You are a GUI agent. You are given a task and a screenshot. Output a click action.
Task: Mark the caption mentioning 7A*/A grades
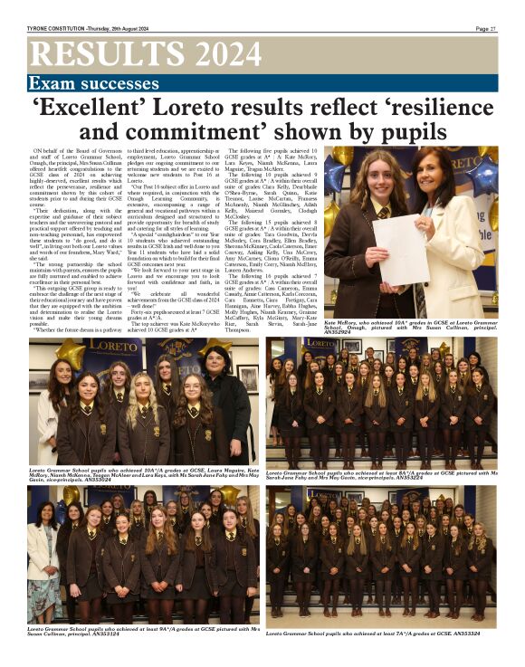[380, 634]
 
